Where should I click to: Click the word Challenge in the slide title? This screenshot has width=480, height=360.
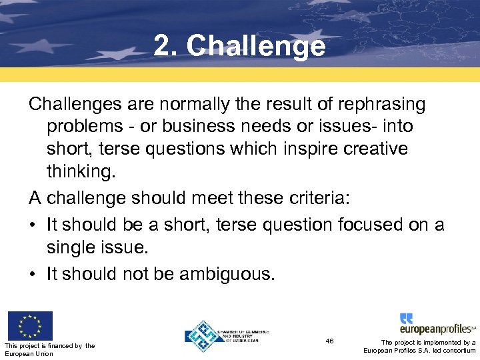pyautogui.click(x=256, y=47)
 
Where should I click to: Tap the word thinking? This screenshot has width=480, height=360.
pyautogui.click(x=81, y=171)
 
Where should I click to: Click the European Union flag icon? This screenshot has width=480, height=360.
pyautogui.click(x=29, y=325)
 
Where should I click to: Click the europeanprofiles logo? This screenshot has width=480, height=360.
pyautogui.click(x=437, y=324)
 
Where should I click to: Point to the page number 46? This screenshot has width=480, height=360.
pyautogui.click(x=330, y=341)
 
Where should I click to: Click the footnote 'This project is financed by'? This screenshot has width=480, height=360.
pyautogui.click(x=49, y=345)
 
